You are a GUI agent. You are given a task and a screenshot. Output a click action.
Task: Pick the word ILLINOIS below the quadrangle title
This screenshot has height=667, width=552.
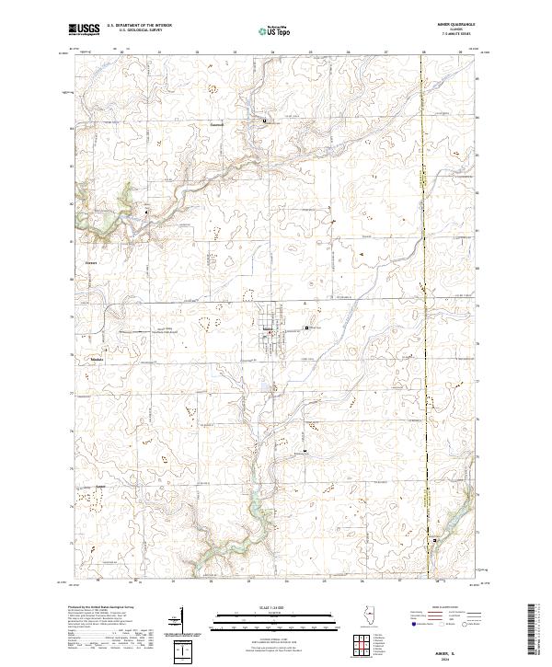pyautogui.click(x=448, y=31)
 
